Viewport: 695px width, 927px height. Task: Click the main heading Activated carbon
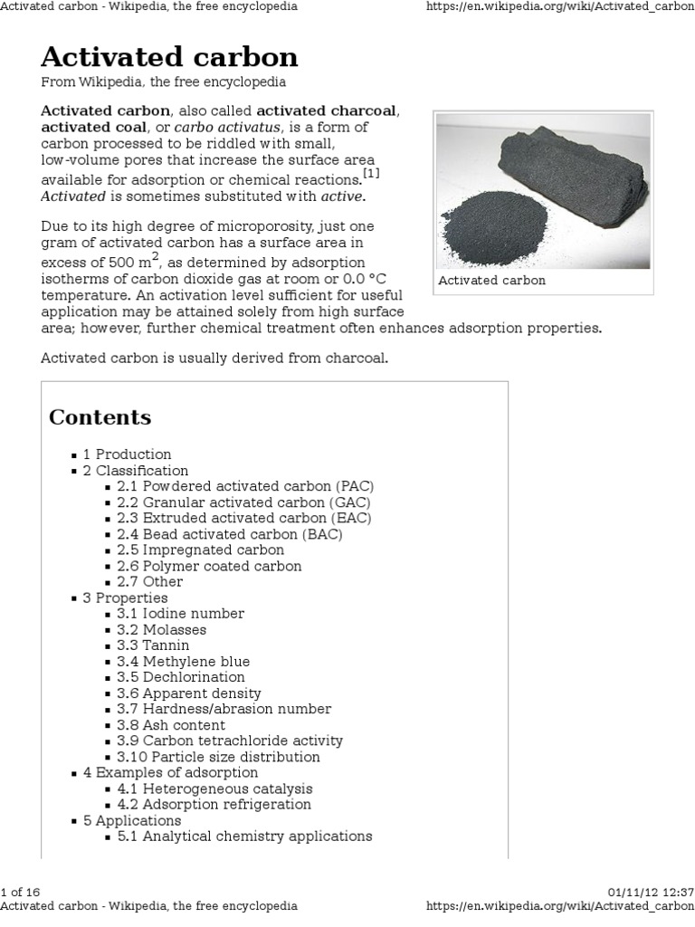coord(169,58)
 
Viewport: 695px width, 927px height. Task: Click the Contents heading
coord(100,417)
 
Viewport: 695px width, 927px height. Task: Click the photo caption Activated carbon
coord(492,281)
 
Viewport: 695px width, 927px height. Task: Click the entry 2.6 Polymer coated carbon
coord(222,566)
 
